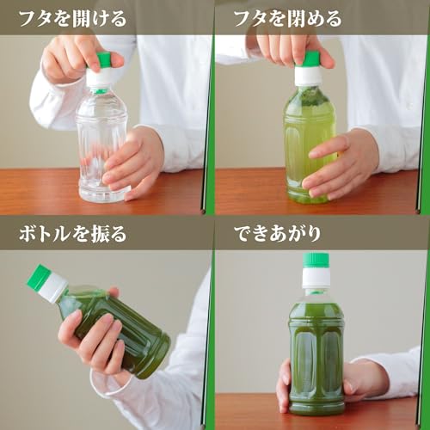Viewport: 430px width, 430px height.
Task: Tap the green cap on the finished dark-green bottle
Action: [316, 260]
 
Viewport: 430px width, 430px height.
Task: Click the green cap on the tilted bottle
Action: [37, 276]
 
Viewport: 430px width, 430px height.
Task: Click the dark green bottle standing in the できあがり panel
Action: [316, 353]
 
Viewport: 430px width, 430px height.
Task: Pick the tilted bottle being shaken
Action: [112, 327]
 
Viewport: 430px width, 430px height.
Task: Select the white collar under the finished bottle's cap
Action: [316, 278]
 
